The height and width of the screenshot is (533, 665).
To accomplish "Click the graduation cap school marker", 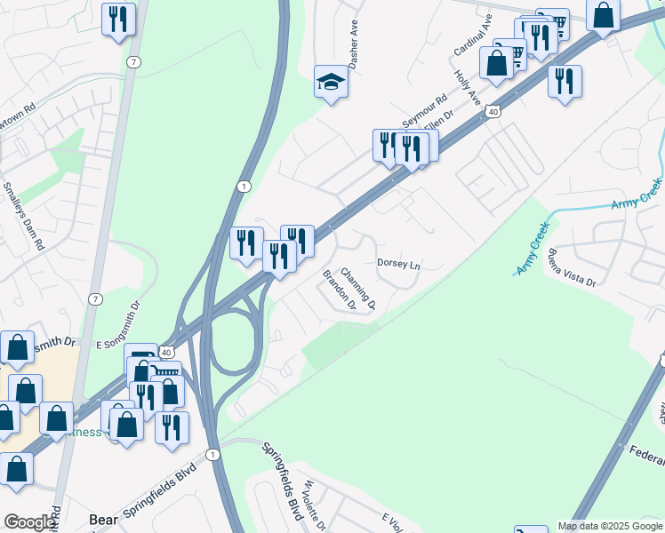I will tap(331, 83).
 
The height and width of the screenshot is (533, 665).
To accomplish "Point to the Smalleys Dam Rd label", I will tap(24, 217).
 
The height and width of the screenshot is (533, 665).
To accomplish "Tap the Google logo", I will tap(29, 522).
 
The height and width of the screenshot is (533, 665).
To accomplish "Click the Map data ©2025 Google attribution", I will tap(610, 526).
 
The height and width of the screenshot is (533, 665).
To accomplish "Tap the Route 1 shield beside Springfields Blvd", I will tap(212, 454).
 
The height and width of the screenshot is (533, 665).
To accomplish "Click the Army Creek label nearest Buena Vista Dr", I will tap(535, 257).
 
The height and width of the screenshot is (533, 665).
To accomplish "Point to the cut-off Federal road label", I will tap(646, 457).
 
